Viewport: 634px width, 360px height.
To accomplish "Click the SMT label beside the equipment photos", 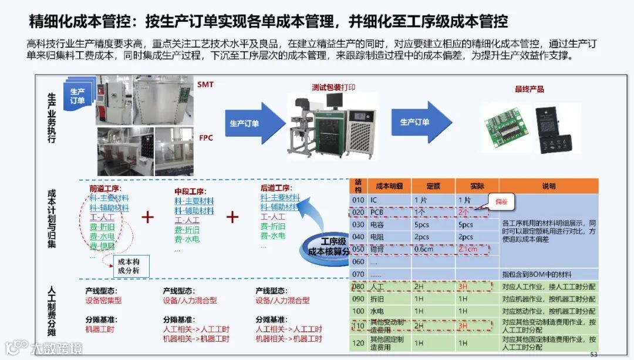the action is click(x=205, y=85).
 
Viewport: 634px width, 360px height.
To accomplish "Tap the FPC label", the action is click(x=206, y=138).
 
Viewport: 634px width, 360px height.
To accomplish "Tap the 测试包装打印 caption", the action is click(x=333, y=88).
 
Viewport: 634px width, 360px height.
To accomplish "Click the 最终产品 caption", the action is click(x=530, y=89).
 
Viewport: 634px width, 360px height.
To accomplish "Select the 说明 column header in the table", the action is click(x=548, y=186).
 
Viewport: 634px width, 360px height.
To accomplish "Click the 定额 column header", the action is click(x=433, y=186).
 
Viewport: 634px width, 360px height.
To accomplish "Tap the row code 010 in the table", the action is click(x=358, y=200).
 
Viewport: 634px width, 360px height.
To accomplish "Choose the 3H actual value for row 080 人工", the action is click(x=463, y=287).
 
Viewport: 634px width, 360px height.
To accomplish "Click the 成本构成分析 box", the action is click(x=129, y=265).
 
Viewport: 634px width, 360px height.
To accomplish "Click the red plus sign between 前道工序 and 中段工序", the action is click(x=147, y=217).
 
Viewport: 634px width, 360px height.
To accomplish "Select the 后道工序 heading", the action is click(x=276, y=188).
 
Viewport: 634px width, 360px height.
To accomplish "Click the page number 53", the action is click(x=593, y=354).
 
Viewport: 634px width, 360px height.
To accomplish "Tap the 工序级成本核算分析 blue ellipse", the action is click(x=326, y=247).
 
